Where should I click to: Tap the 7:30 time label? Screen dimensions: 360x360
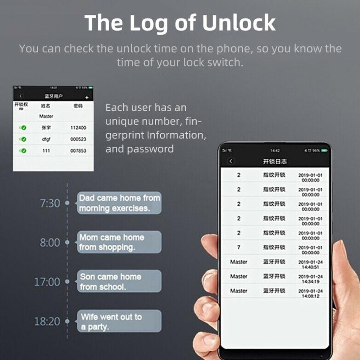pyautogui.click(x=50, y=203)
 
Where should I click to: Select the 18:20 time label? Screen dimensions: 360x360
pyautogui.click(x=47, y=321)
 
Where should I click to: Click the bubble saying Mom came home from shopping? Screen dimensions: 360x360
pyautogui.click(x=119, y=242)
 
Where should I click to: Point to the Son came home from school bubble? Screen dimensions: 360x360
pyautogui.click(x=119, y=281)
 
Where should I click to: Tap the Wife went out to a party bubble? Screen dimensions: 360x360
pyautogui.click(x=119, y=321)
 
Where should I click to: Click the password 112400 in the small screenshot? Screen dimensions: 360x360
pyautogui.click(x=78, y=128)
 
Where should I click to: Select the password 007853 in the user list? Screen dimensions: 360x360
pyautogui.click(x=78, y=151)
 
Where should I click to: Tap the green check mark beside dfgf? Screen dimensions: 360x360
pyautogui.click(x=24, y=139)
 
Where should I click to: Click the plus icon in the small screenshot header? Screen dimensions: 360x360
pyautogui.click(x=87, y=97)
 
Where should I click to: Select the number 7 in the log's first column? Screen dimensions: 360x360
pyautogui.click(x=239, y=247)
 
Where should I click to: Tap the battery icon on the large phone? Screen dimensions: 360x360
pyautogui.click(x=324, y=150)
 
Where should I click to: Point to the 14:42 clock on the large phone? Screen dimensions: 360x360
pyautogui.click(x=275, y=150)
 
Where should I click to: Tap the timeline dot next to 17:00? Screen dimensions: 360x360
pyautogui.click(x=67, y=282)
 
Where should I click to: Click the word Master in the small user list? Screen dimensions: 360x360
pyautogui.click(x=46, y=116)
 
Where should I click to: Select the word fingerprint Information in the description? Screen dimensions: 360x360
pyautogui.click(x=156, y=135)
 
